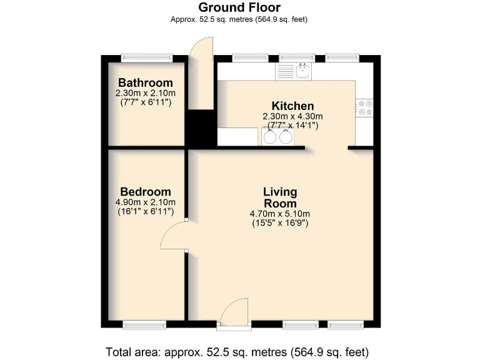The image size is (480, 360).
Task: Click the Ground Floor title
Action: click(x=239, y=7)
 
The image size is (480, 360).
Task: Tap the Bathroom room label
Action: click(x=146, y=82)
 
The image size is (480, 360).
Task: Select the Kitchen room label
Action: click(x=292, y=106)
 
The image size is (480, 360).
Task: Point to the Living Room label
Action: click(x=279, y=197)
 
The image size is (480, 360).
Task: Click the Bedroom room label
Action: click(x=146, y=191)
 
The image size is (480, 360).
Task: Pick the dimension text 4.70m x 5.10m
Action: click(x=279, y=214)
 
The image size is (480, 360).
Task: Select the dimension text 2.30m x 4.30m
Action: click(x=292, y=116)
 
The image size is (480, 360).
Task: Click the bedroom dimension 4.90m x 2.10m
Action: click(x=146, y=202)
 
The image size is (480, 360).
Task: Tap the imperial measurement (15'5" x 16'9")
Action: click(x=279, y=223)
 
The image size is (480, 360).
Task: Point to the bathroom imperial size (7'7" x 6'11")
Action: click(x=146, y=102)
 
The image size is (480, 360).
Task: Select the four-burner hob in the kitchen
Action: click(x=364, y=108)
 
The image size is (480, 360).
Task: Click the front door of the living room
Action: click(x=234, y=312)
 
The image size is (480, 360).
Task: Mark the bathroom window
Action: click(x=146, y=58)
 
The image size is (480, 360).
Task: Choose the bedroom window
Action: click(x=144, y=324)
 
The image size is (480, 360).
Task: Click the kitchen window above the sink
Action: click(x=297, y=58)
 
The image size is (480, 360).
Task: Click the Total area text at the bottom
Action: click(x=239, y=351)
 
